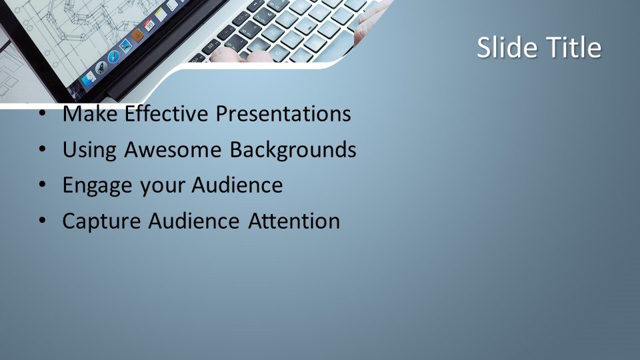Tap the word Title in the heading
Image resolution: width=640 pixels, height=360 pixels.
574,47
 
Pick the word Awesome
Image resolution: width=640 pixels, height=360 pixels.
173,149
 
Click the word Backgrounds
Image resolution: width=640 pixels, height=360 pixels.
293,150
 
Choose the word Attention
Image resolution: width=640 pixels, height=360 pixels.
294,221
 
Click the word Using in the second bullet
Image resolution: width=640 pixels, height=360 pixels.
89,150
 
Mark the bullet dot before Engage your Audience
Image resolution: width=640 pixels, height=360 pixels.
43,185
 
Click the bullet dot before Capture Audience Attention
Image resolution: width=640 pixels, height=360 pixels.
43,221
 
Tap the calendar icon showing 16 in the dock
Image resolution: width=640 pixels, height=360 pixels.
149,25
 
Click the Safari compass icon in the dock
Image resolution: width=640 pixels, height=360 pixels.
113,56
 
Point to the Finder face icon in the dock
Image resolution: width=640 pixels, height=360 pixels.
88,79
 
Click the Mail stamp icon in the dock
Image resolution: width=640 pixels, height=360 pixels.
126,45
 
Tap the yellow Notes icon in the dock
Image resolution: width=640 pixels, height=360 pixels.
161,15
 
